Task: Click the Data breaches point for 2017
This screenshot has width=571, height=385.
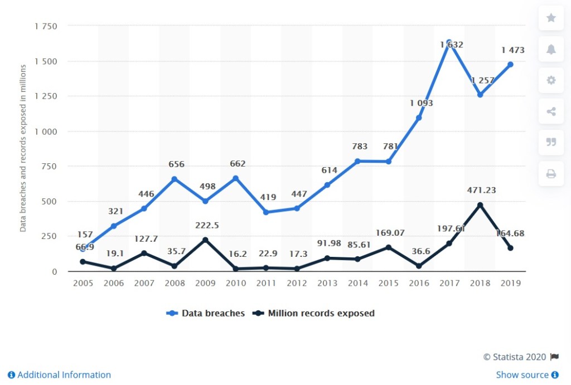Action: pyautogui.click(x=449, y=42)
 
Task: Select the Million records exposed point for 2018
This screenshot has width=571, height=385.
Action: pyautogui.click(x=480, y=205)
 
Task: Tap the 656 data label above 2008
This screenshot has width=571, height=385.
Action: pyautogui.click(x=176, y=164)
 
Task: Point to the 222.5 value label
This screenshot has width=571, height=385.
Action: pyautogui.click(x=207, y=225)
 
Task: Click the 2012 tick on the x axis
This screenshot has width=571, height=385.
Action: pyautogui.click(x=297, y=283)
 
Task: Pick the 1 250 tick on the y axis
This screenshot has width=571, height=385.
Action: pyautogui.click(x=46, y=96)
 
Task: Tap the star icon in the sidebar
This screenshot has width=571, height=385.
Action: pyautogui.click(x=551, y=18)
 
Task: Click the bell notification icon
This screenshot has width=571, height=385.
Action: pyautogui.click(x=551, y=50)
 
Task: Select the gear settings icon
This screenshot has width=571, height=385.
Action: pyautogui.click(x=551, y=80)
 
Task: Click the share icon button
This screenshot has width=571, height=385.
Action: pyautogui.click(x=551, y=111)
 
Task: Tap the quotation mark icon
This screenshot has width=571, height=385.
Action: pyautogui.click(x=551, y=143)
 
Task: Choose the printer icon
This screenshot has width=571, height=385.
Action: pyautogui.click(x=551, y=174)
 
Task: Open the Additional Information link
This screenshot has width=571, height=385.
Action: pyautogui.click(x=59, y=375)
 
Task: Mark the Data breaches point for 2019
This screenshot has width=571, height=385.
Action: pyautogui.click(x=510, y=65)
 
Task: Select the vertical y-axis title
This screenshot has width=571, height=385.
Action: pyautogui.click(x=23, y=148)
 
